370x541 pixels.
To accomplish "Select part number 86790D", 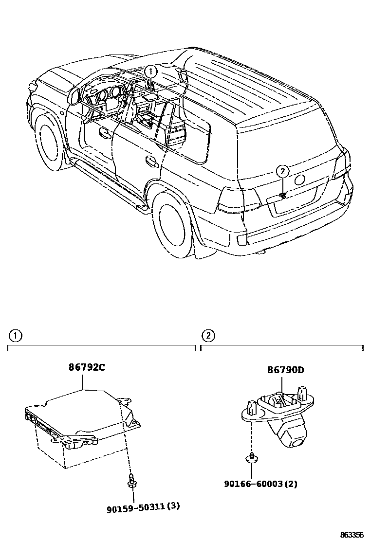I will [285, 370].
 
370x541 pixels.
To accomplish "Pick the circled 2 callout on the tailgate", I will [282, 171].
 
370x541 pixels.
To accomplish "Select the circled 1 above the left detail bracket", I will [15, 335].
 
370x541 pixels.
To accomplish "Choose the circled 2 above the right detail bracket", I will [208, 335].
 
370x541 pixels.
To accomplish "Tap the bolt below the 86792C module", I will [131, 481].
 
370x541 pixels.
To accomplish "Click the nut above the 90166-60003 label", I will [251, 457].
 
